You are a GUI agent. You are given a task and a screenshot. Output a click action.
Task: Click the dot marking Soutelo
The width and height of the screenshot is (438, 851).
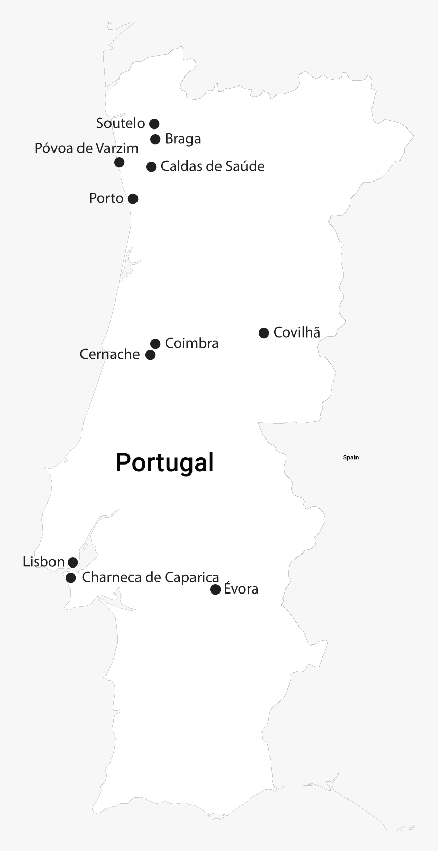pyautogui.click(x=154, y=123)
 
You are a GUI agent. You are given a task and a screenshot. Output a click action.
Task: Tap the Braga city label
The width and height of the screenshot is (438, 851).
pyautogui.click(x=183, y=139)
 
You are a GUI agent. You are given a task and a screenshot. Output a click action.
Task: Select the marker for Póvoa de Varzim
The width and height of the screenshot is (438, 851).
pyautogui.click(x=119, y=162)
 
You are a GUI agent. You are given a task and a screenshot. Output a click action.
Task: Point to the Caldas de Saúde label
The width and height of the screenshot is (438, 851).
pyautogui.click(x=212, y=166)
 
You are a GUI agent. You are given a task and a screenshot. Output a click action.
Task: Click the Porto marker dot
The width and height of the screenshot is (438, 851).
pyautogui.click(x=133, y=199)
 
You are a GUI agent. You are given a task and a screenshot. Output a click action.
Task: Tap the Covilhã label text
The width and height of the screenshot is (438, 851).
pyautogui.click(x=296, y=332)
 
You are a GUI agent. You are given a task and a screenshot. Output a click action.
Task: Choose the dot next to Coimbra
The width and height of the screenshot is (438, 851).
pyautogui.click(x=155, y=344)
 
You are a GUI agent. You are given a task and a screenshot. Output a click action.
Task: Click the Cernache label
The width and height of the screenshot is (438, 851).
pyautogui.click(x=109, y=354)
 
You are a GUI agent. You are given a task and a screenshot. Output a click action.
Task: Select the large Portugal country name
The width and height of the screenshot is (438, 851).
pyautogui.click(x=165, y=462)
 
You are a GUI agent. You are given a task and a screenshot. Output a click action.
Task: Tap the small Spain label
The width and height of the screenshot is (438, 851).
pyautogui.click(x=351, y=457)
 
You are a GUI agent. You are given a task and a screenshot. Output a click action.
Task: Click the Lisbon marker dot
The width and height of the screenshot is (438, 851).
pyautogui.click(x=73, y=562)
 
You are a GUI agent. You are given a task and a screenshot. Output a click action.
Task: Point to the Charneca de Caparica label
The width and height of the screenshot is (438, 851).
pyautogui.click(x=150, y=577)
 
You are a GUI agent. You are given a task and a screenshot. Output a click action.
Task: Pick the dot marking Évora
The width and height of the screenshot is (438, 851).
pyautogui.click(x=215, y=589)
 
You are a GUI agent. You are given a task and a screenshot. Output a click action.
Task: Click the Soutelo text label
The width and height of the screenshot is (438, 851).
pyautogui.click(x=121, y=123)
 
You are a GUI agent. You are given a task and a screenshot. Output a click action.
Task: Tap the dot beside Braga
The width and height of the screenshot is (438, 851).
pyautogui.click(x=155, y=139)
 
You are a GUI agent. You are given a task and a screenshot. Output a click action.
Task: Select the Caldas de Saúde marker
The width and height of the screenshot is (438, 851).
pyautogui.click(x=151, y=167)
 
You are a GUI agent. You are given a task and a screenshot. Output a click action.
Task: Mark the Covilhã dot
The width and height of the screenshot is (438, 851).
pyautogui.click(x=264, y=333)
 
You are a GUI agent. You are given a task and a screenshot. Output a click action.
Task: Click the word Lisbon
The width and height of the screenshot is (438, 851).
pyautogui.click(x=44, y=562)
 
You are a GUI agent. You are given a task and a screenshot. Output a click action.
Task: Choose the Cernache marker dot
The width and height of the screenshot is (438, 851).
pyautogui.click(x=150, y=355)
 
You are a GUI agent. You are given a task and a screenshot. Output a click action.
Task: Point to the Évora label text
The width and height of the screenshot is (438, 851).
pyautogui.click(x=241, y=589)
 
